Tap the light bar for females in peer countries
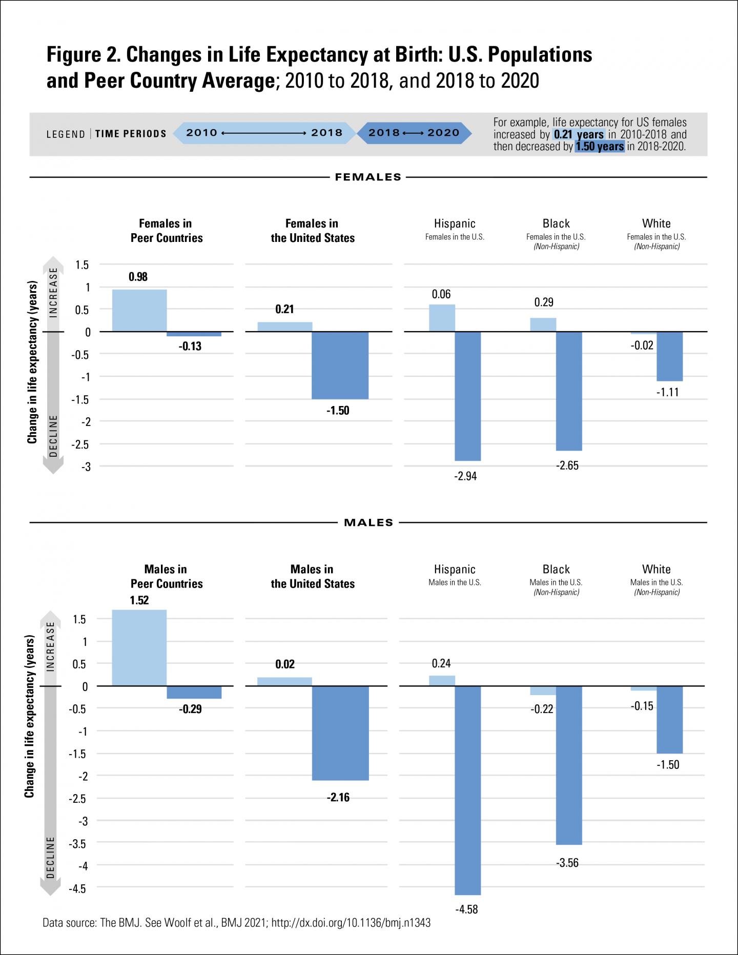pos(139,311)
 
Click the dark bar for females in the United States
pos(340,365)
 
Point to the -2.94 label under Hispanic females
pos(466,476)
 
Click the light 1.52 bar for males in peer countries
pos(139,647)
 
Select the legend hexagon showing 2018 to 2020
pos(414,133)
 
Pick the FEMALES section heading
pos(368,177)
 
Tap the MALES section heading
pos(368,523)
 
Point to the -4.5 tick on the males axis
pos(78,888)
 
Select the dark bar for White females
pos(669,356)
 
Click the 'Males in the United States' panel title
pos(313,576)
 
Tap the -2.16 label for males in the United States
pos(338,798)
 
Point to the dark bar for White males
pos(669,719)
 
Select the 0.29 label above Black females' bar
pos(544,302)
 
